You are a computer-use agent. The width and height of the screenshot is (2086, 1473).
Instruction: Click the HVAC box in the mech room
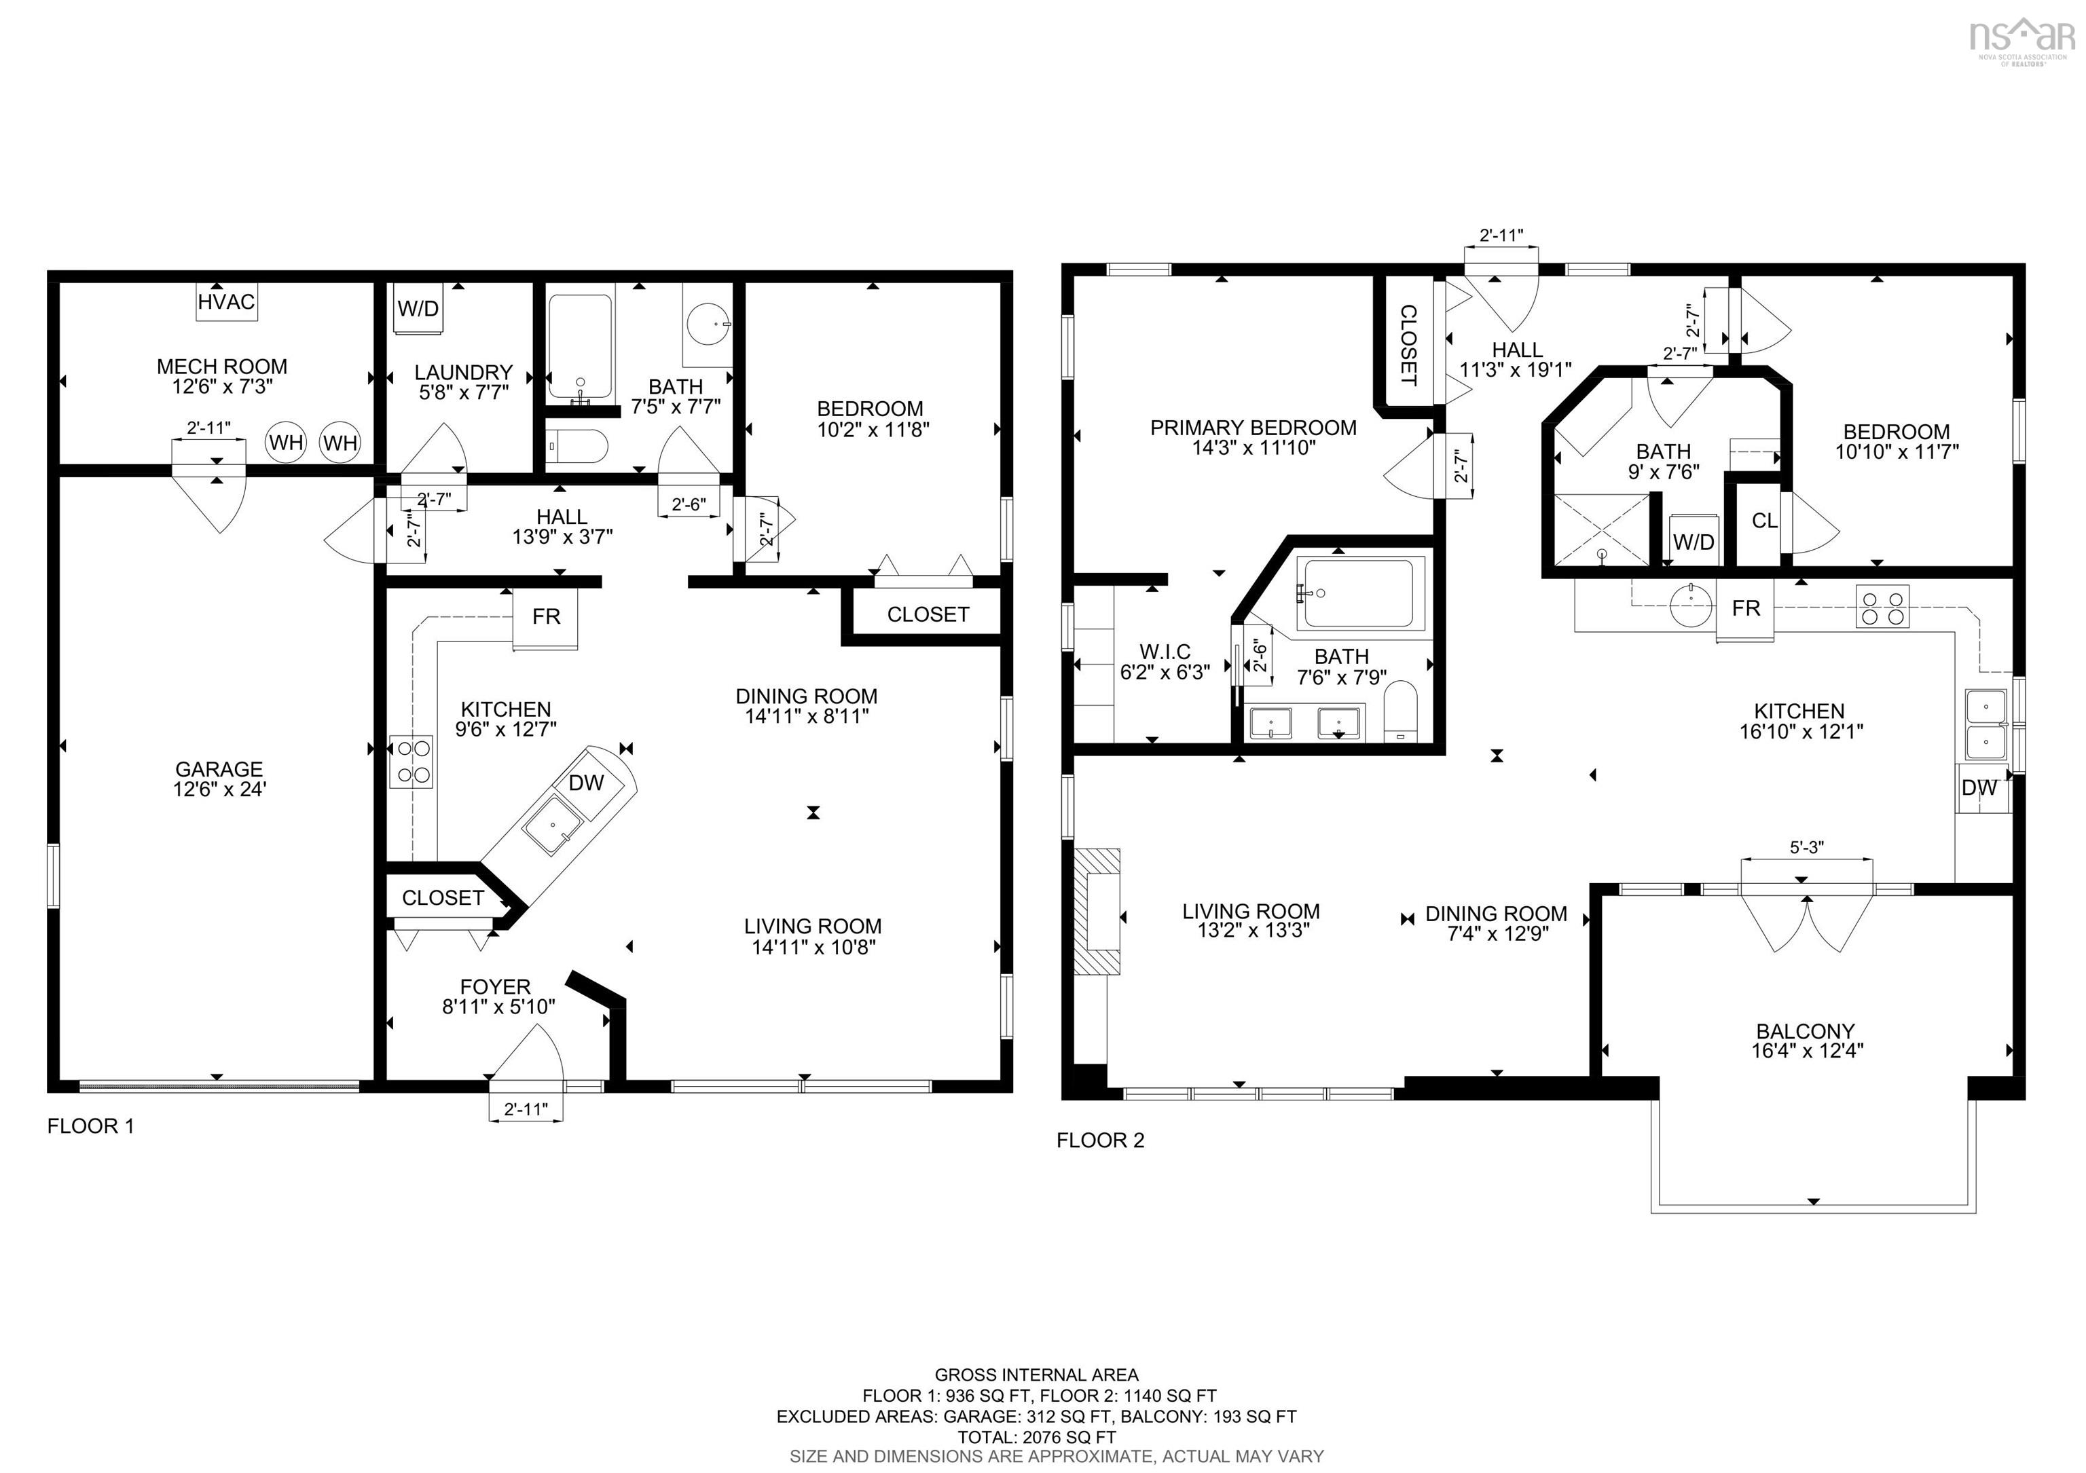pos(226,301)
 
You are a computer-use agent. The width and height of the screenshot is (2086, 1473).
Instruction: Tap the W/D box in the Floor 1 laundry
pos(418,309)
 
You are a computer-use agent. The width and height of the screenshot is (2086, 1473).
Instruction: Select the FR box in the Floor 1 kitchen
pos(546,618)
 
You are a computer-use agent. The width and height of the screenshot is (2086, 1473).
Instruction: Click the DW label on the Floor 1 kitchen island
pos(586,783)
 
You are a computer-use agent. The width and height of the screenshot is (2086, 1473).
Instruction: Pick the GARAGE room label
pos(219,769)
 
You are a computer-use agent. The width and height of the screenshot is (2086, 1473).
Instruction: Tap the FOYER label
pos(495,986)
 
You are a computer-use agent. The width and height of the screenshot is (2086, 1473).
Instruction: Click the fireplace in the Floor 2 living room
pos(1097,912)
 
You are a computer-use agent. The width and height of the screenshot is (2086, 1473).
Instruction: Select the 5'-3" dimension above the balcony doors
pos(1806,847)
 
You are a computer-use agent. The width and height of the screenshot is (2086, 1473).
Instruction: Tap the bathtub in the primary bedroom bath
pos(1357,593)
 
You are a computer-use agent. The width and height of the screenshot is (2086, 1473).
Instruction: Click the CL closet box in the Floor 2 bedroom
pos(1764,521)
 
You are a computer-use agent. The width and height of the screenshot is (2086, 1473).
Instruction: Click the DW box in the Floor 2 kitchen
pos(1979,788)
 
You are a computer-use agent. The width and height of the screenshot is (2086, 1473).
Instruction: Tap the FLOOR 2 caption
pos(1100,1140)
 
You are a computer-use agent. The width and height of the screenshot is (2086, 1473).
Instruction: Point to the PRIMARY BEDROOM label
pos(1253,428)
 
